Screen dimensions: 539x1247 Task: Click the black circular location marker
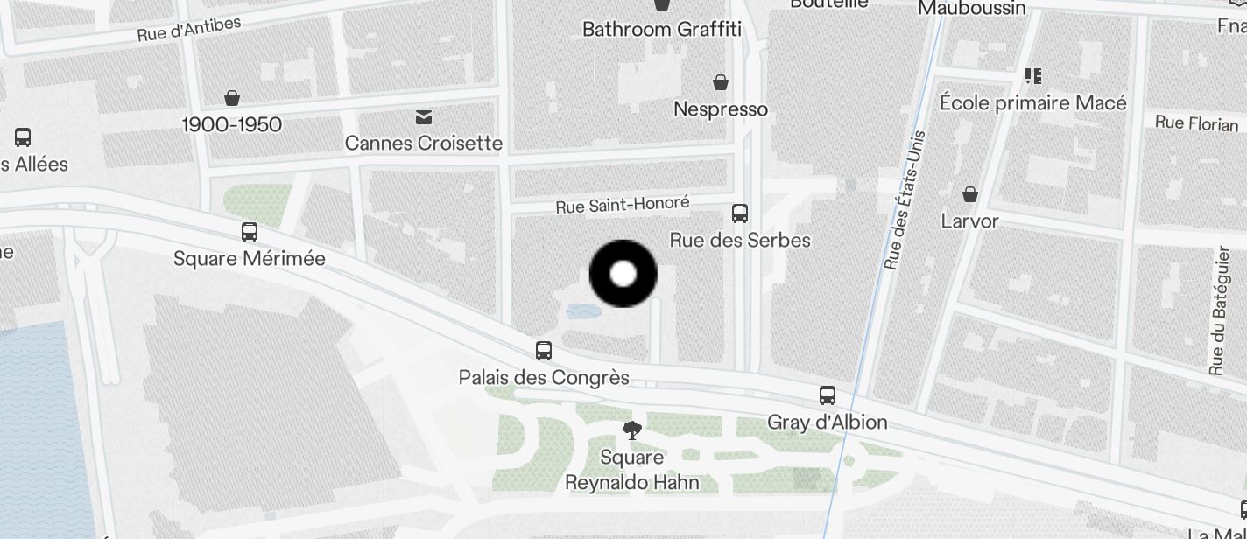[623, 274]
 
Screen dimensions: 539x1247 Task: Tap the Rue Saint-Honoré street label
[623, 206]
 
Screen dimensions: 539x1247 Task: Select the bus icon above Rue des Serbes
[740, 213]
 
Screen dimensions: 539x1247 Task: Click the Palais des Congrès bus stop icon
[544, 351]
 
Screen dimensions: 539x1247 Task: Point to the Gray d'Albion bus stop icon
[828, 395]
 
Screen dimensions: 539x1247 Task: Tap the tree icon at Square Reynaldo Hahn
[631, 430]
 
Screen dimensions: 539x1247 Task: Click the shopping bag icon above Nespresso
[721, 82]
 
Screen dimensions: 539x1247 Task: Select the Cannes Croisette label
[424, 143]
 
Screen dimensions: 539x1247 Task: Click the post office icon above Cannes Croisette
[424, 117]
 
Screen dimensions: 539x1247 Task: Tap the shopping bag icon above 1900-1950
[232, 97]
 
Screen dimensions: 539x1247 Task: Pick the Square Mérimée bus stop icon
[250, 232]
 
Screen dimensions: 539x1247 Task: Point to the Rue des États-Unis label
[905, 200]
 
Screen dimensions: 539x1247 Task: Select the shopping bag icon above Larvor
[970, 194]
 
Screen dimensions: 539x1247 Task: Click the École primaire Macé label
[1033, 103]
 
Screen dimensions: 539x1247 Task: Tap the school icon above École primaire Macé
[1033, 76]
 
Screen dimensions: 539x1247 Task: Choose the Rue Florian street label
[1196, 123]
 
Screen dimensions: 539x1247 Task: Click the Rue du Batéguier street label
[1218, 311]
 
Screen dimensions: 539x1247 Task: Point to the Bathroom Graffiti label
[662, 30]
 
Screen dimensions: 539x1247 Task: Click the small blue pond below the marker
[580, 311]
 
